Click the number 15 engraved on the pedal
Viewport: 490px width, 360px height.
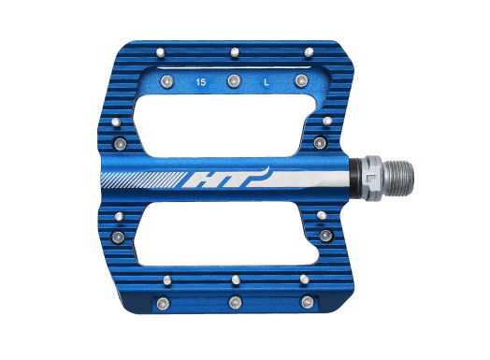click(x=201, y=82)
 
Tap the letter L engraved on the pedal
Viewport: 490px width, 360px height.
click(x=267, y=82)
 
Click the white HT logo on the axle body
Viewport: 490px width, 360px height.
click(x=226, y=178)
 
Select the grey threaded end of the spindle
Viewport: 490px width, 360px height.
click(x=398, y=179)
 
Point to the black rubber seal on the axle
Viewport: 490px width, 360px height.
click(x=354, y=178)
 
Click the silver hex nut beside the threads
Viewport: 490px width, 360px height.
click(x=370, y=178)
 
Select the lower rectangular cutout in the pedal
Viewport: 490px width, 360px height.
click(x=225, y=234)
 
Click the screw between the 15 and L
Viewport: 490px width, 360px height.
click(x=234, y=81)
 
